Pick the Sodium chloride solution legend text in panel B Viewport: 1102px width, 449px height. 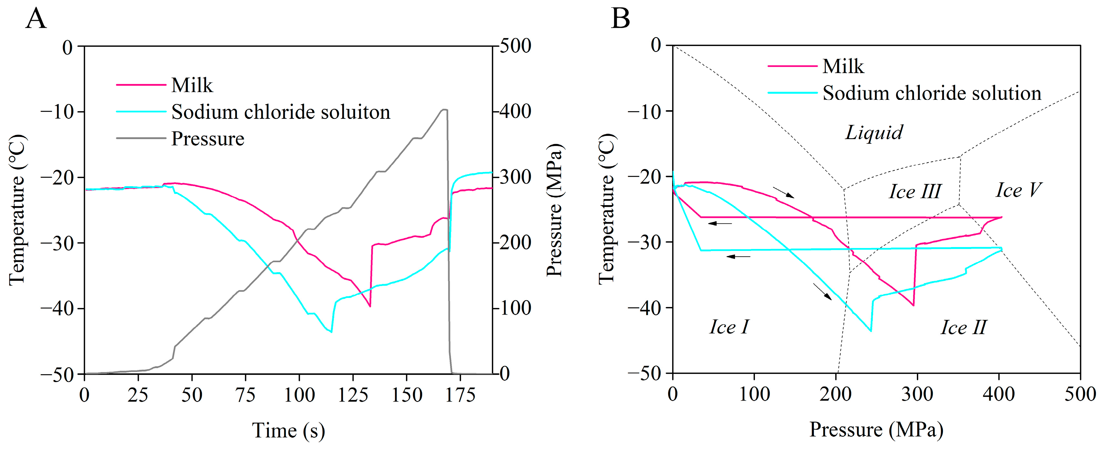click(932, 93)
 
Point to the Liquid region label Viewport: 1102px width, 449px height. click(874, 132)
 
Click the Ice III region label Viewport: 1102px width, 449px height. click(915, 191)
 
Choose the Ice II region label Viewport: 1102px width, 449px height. click(963, 328)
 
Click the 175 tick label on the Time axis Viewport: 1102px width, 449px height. click(460, 395)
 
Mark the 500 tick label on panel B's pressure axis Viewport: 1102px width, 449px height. click(1080, 394)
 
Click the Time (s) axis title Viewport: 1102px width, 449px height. click(289, 431)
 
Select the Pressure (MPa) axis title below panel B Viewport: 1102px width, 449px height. click(876, 430)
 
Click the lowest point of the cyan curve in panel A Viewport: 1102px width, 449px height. click(332, 332)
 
